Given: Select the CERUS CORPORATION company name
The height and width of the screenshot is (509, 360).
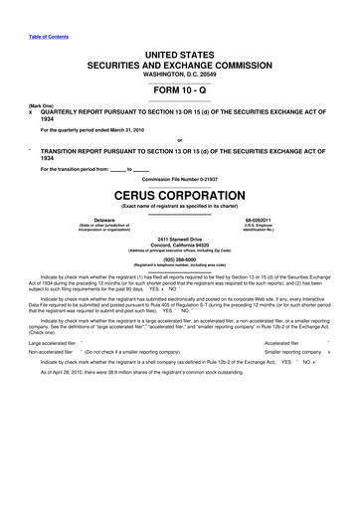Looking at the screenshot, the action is click(180, 196).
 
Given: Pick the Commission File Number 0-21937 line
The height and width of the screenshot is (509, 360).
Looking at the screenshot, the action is click(180, 181).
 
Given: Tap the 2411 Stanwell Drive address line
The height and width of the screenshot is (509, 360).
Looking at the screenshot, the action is click(180, 240).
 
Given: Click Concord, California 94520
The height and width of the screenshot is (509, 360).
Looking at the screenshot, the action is click(180, 246).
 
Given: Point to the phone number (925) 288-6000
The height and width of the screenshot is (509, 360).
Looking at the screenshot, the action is click(180, 261).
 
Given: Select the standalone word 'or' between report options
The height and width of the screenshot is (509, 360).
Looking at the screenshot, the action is click(180, 138).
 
